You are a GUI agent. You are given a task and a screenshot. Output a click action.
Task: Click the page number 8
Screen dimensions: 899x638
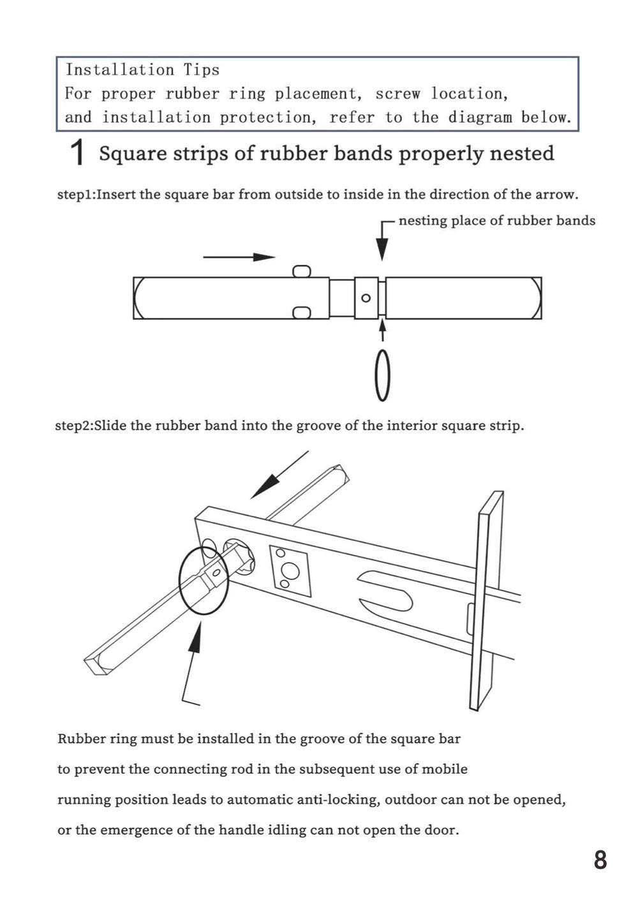coord(600,860)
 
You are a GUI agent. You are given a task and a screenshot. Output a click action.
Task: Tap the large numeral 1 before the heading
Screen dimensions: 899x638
coord(77,154)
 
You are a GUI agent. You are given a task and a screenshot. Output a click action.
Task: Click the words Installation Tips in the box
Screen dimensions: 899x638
coord(142,70)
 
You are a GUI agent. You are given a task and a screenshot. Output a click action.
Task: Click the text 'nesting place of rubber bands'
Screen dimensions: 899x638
coord(496,221)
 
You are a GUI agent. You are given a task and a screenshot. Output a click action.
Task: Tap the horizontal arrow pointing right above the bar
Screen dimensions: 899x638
coord(239,257)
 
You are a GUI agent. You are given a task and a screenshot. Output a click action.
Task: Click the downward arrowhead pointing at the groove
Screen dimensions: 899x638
coord(382,248)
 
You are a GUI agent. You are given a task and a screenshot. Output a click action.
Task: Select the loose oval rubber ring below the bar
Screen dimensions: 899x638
coord(382,375)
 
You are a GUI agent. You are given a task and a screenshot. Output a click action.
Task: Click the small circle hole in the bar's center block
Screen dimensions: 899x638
coord(366,298)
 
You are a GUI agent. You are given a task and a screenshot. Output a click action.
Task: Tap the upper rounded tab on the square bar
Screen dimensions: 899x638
coord(301,271)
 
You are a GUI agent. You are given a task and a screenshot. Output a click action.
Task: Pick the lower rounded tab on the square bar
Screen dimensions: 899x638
coord(301,312)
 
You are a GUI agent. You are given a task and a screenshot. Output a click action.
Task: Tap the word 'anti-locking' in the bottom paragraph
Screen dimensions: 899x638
coord(338,800)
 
